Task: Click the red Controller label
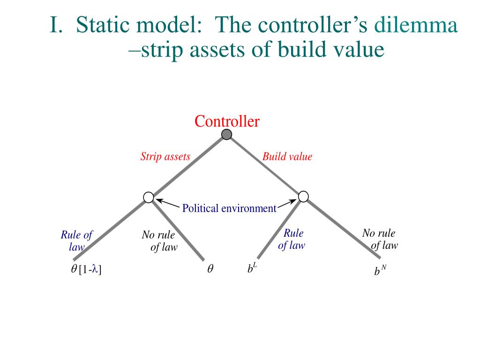point(227,122)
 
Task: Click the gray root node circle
point(226,135)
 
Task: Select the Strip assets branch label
point(165,157)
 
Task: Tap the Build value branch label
point(287,157)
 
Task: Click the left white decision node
point(149,198)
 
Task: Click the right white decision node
point(303,196)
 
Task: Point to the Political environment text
point(229,208)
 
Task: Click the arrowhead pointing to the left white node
point(158,201)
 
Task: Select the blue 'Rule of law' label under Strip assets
point(77,241)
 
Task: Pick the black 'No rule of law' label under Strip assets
point(159,241)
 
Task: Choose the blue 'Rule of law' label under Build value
point(292,239)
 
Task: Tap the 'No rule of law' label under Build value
point(380,239)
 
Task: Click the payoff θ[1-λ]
point(86,269)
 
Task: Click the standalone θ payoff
point(210,270)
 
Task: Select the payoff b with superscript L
point(252,269)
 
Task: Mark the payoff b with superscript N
point(380,270)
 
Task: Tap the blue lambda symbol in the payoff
point(95,269)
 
